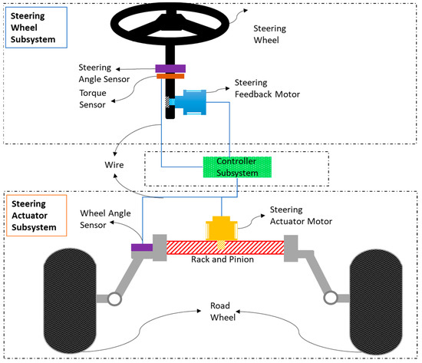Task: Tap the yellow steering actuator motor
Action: [x=220, y=228]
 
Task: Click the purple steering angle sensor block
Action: [x=170, y=68]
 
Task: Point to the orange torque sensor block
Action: [x=170, y=76]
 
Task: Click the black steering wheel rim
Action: [x=170, y=8]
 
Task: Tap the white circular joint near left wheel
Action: [x=115, y=298]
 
